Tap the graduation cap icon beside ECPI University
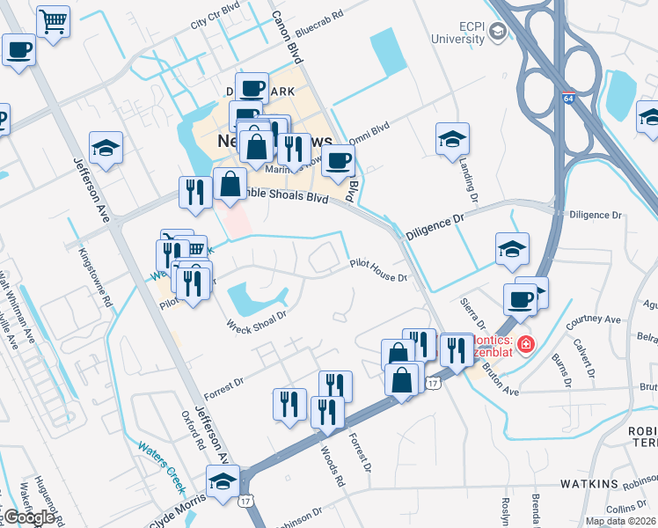[x=499, y=33]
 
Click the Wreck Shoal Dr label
[x=257, y=320]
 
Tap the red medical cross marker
[x=526, y=343]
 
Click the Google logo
[x=28, y=517]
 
